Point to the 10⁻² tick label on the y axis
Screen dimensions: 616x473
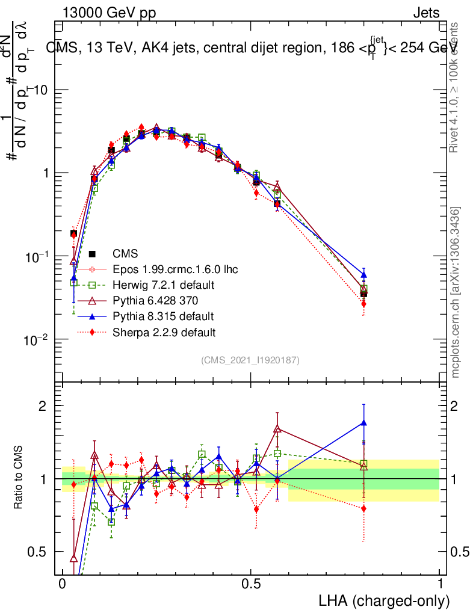coord(37,339)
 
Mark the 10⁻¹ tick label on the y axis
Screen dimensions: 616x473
coord(37,256)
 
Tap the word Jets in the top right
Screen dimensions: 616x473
coord(426,13)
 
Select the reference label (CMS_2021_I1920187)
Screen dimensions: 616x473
coord(250,360)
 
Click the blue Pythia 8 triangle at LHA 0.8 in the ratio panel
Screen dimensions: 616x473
coord(363,422)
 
